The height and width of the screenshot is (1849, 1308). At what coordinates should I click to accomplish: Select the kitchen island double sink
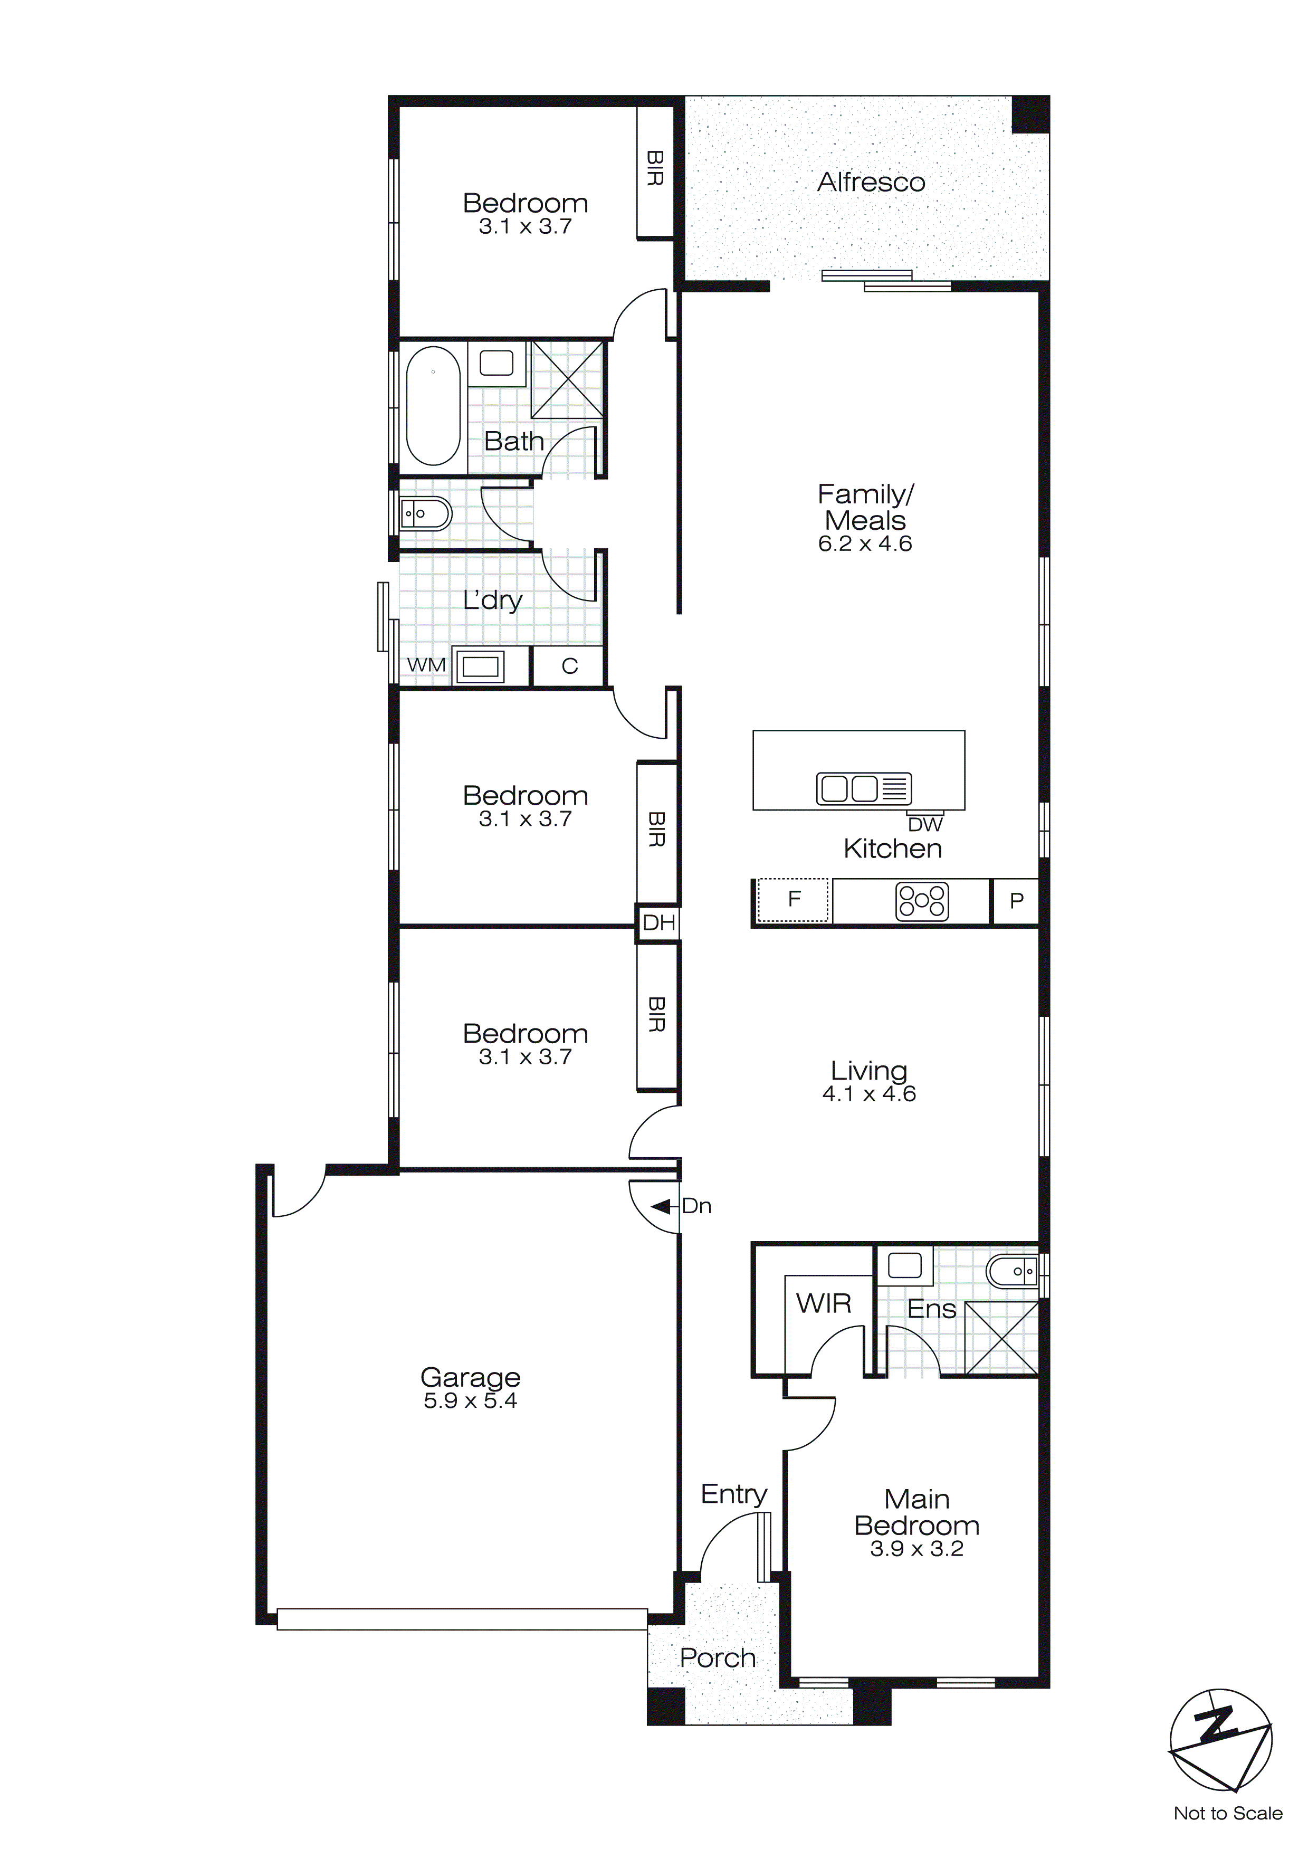click(863, 788)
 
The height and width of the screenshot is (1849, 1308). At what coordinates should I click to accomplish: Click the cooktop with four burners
click(922, 902)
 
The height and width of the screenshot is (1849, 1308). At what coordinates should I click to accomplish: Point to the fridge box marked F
click(794, 900)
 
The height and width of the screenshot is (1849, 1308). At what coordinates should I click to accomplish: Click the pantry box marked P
click(1016, 901)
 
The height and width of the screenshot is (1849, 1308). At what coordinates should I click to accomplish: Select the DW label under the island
click(924, 825)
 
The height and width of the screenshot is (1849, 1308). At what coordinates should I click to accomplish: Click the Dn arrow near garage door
click(662, 1206)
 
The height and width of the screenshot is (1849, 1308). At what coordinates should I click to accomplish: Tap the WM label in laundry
click(426, 665)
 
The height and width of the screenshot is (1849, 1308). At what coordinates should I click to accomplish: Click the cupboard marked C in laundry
click(569, 666)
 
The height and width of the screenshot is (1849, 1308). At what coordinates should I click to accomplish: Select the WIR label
click(823, 1303)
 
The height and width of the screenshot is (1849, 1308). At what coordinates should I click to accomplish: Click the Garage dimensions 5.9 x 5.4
click(470, 1400)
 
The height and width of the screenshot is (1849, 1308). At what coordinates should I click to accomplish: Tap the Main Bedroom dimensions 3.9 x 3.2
click(916, 1549)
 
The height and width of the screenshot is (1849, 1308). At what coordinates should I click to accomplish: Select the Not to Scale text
click(1227, 1814)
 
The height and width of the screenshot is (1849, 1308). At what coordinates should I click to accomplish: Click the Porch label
click(718, 1658)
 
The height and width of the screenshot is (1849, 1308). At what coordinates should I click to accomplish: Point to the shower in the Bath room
click(567, 378)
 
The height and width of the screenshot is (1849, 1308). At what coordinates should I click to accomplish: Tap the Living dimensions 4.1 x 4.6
click(869, 1093)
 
